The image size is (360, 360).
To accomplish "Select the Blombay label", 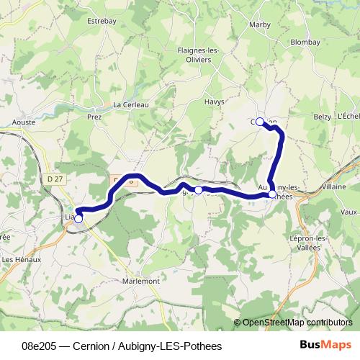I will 305,42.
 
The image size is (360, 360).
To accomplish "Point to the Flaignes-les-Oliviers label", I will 199,55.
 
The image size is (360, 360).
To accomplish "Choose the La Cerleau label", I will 130,104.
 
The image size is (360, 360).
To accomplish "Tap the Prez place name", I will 94,116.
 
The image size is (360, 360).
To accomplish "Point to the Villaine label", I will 333,186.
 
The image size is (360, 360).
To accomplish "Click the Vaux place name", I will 348,212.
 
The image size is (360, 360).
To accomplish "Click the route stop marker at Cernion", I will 260,122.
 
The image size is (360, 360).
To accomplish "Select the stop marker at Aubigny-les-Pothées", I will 271,194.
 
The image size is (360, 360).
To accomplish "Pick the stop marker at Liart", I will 78,217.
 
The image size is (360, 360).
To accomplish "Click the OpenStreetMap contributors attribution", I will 297,323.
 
